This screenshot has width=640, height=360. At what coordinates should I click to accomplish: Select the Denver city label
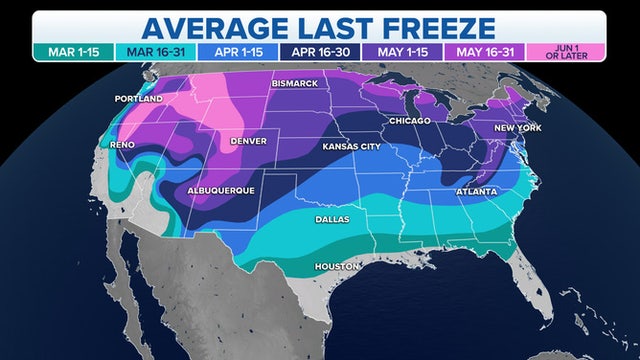click(248, 141)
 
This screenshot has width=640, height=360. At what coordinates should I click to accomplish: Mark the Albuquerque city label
click(221, 189)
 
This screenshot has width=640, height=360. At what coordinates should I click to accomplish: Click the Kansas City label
click(351, 146)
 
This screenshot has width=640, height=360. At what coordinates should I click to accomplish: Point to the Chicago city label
click(410, 121)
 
